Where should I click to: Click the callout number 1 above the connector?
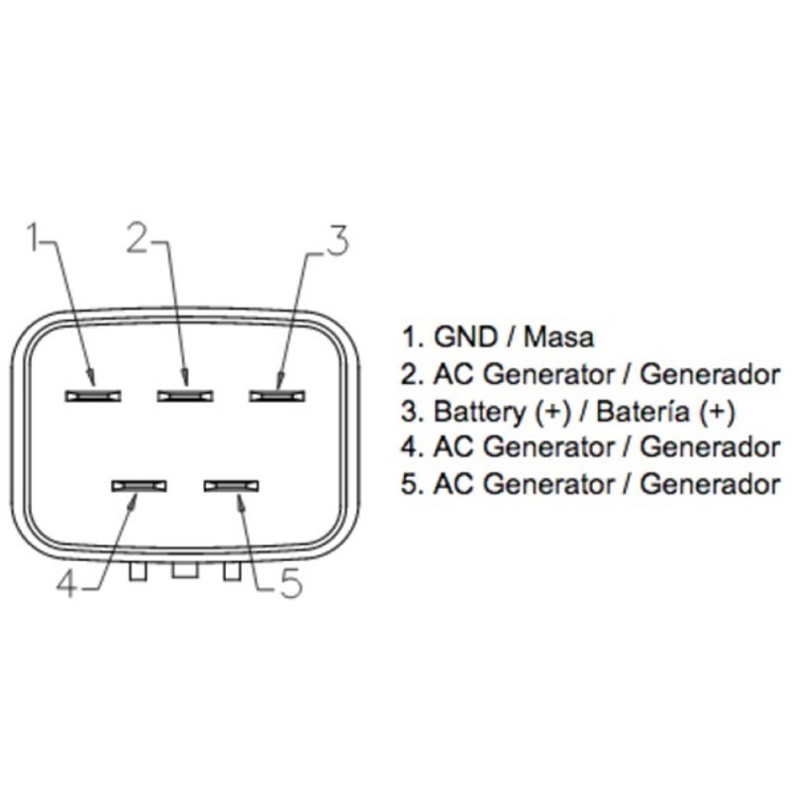(x=35, y=237)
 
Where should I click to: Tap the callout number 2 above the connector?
(x=138, y=237)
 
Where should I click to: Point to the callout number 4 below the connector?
(x=66, y=585)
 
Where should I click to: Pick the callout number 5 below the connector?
(x=291, y=583)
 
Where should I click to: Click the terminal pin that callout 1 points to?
(x=93, y=396)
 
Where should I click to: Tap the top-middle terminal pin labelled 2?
(x=185, y=396)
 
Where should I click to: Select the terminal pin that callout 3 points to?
(x=277, y=396)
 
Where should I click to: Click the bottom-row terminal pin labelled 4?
(x=140, y=486)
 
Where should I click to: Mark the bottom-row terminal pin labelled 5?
(x=232, y=486)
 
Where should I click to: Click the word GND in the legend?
(x=465, y=337)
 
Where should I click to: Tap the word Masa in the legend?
(x=559, y=337)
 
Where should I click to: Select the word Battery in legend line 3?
(x=480, y=412)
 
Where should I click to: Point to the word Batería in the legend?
(x=643, y=411)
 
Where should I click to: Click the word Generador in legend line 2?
(x=710, y=374)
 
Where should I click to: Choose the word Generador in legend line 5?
(x=710, y=483)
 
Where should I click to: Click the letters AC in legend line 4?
(x=453, y=447)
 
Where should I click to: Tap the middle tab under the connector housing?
(x=185, y=570)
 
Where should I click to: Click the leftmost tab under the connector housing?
(x=138, y=571)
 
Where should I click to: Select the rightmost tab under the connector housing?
(x=232, y=571)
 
